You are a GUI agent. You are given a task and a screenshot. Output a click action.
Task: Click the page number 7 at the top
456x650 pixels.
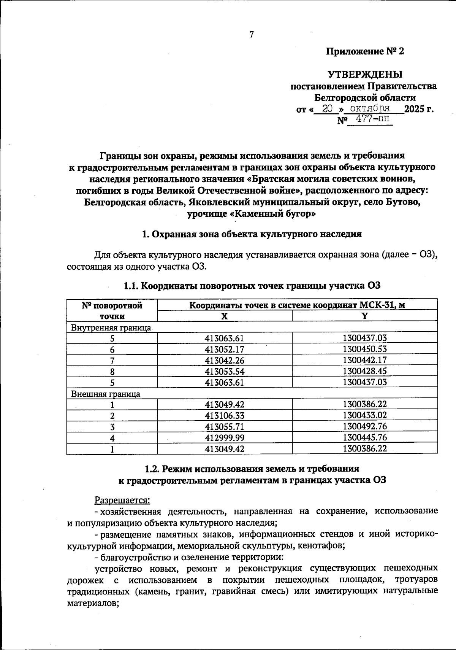click(x=251, y=35)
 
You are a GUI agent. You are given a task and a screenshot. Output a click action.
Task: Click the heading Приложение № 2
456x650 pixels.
click(x=365, y=51)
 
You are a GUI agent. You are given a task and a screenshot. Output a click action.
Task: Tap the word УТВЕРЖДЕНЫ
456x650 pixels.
click(x=365, y=74)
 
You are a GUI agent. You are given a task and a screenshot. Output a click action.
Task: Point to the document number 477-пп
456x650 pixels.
click(x=369, y=120)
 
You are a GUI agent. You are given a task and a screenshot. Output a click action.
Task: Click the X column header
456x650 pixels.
click(x=225, y=316)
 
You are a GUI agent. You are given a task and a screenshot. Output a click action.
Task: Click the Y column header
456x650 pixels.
click(x=364, y=316)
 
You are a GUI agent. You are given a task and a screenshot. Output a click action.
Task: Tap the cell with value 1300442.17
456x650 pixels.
click(x=364, y=360)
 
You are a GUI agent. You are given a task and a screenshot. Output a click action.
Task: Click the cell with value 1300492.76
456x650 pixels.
click(x=364, y=426)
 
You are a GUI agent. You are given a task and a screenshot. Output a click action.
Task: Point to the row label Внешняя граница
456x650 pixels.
click(x=106, y=394)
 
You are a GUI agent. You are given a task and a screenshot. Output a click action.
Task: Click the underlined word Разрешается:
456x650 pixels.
click(x=122, y=499)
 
